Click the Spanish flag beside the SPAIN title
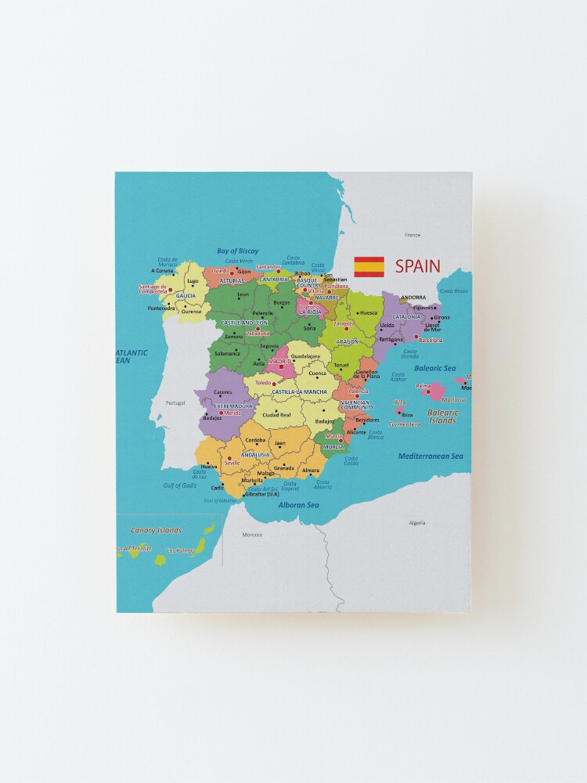(369, 266)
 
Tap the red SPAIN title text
(417, 266)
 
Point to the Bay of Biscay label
(237, 251)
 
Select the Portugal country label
(175, 403)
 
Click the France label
(412, 235)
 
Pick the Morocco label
(252, 535)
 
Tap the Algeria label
(417, 522)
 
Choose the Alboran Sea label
(298, 505)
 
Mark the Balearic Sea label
(435, 367)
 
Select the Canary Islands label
(155, 530)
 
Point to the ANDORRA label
(412, 298)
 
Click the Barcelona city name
(430, 341)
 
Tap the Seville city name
(232, 463)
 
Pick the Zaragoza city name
(344, 323)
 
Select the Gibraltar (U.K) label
(261, 494)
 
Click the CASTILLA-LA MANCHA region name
(299, 391)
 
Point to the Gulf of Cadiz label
(180, 485)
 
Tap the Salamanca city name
(228, 354)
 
